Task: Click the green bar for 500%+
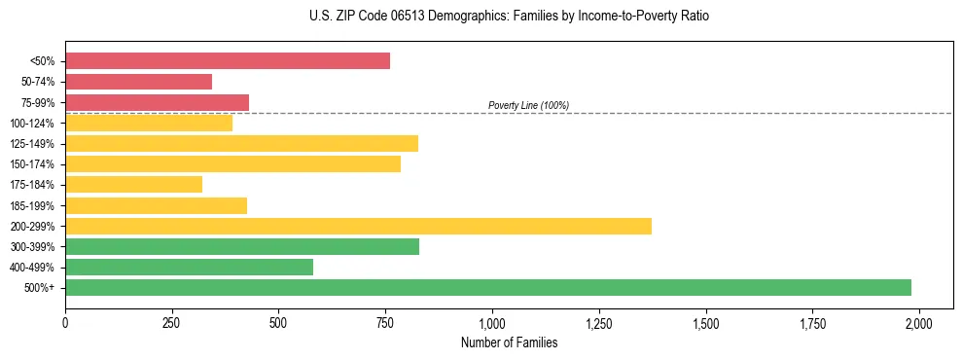pos(487,288)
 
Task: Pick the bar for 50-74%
pos(138,82)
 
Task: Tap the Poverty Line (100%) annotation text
pos(528,105)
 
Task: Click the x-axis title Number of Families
pos(509,342)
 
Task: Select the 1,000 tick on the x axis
pos(492,322)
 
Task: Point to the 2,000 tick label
pos(919,322)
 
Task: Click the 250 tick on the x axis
pos(172,322)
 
